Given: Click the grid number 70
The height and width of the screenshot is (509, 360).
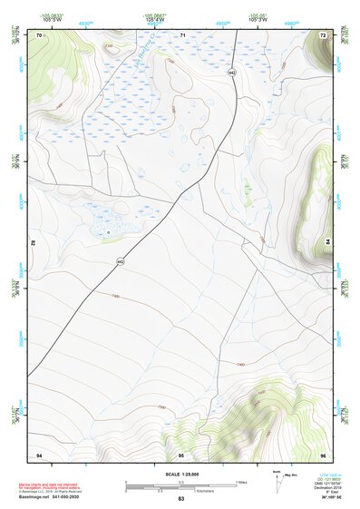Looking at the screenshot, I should pos(39,34).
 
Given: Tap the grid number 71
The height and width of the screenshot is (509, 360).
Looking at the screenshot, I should pos(182,34).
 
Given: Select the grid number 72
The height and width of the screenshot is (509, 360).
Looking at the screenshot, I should pos(323,34).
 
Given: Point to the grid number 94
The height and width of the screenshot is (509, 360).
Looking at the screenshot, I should pos(39,453).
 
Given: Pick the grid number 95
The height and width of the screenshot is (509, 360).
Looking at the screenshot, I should pos(181,453).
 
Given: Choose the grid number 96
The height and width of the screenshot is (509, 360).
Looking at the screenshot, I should pos(323,453).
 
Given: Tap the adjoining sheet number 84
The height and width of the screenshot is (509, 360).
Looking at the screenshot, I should pos(328,243).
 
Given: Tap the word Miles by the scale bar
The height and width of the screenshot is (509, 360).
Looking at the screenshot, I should pos(240,481).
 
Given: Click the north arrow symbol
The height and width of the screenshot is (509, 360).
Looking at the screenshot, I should pos(275,481).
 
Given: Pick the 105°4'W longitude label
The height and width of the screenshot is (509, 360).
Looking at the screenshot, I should pos(159,19).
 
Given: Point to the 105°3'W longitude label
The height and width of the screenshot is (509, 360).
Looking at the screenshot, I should pos(258,19).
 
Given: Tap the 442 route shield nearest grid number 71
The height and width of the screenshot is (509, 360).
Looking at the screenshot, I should pos(232,71).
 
